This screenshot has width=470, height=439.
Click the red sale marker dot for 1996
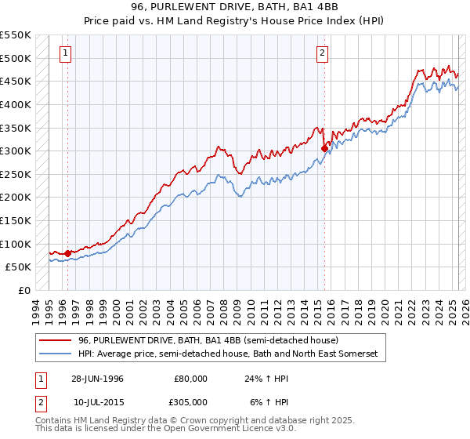pyautogui.click(x=68, y=253)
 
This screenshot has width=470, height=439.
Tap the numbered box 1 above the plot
pyautogui.click(x=64, y=53)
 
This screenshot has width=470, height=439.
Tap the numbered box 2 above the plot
pyautogui.click(x=322, y=53)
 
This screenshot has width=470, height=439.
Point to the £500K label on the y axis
pyautogui.click(x=15, y=58)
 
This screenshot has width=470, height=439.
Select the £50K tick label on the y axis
pyautogui.click(x=17, y=267)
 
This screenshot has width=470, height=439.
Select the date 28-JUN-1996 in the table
pyautogui.click(x=97, y=378)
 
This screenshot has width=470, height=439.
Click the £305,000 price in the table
pyautogui.click(x=190, y=402)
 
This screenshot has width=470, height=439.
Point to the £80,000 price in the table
pyautogui.click(x=190, y=378)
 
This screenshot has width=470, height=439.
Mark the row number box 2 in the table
pyautogui.click(x=39, y=402)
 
